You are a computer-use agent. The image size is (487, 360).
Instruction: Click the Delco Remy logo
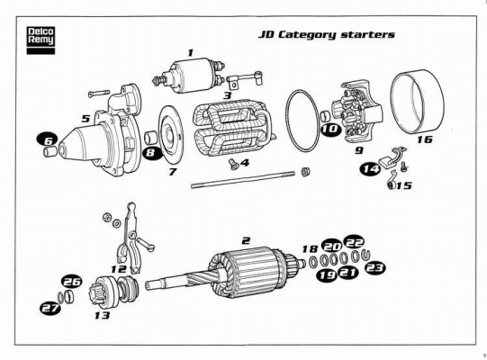click(x=41, y=40)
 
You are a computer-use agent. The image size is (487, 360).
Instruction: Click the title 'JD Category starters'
click(x=327, y=34)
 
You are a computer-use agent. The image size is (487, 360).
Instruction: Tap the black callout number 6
click(x=47, y=140)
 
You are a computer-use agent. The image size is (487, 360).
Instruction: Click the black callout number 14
click(x=370, y=169)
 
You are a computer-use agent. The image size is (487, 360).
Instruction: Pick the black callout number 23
click(x=374, y=267)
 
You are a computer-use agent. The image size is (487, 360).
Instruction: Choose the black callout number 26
click(x=72, y=282)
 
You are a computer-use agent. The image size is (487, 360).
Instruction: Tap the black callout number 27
click(x=50, y=308)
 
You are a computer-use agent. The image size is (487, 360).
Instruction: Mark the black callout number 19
click(x=327, y=275)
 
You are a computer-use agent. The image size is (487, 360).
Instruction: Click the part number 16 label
click(x=425, y=139)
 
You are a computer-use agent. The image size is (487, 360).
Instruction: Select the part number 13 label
click(x=103, y=315)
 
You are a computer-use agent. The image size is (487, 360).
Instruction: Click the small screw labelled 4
click(x=233, y=164)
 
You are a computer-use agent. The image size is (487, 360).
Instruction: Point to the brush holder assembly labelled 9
click(x=357, y=112)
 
